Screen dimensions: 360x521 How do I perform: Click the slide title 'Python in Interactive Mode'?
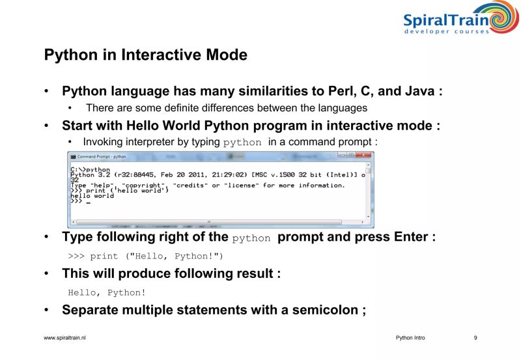click(x=145, y=55)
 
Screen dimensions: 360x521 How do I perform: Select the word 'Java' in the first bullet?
click(x=420, y=91)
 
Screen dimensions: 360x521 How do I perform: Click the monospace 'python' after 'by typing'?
click(x=242, y=142)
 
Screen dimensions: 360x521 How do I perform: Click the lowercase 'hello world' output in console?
click(x=92, y=195)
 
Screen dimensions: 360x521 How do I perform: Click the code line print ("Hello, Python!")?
click(x=146, y=256)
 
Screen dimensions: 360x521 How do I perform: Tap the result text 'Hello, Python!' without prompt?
click(x=107, y=292)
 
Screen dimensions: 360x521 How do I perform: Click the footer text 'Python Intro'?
click(x=410, y=338)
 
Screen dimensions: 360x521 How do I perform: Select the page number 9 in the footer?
click(x=475, y=338)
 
